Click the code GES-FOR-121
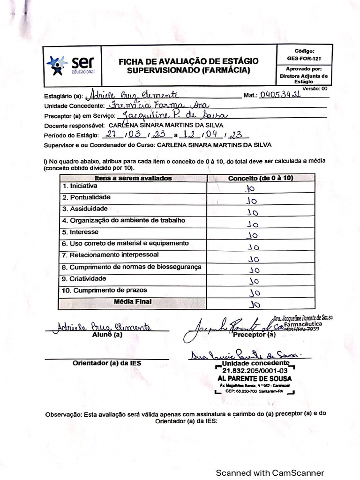tap(304, 59)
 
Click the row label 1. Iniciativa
tap(80, 186)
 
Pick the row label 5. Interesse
tap(80, 232)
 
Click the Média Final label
tap(133, 302)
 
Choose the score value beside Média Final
tap(255, 304)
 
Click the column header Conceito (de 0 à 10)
tap(260, 178)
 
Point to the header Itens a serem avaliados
tap(133, 178)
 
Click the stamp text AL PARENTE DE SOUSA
tap(254, 378)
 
